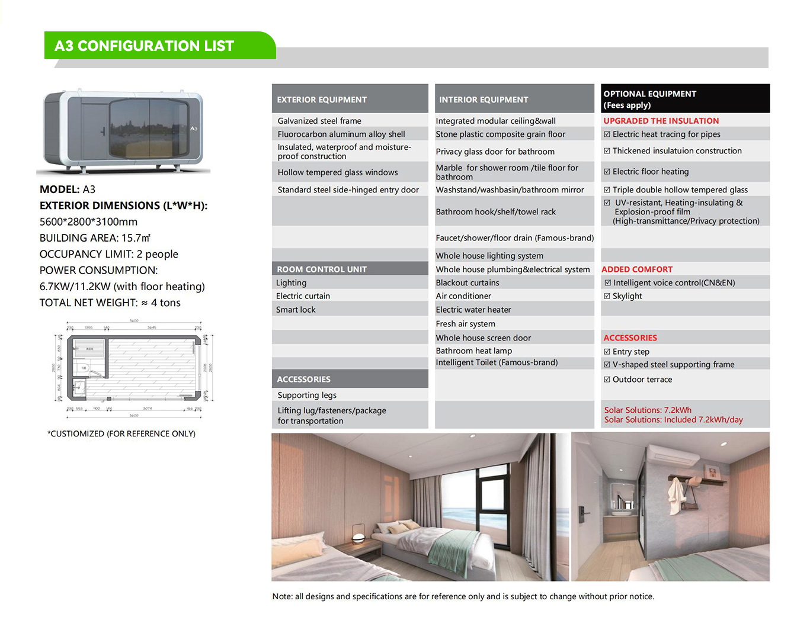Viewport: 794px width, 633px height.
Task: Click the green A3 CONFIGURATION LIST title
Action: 145,46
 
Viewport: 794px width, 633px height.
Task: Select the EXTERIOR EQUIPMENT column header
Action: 322,99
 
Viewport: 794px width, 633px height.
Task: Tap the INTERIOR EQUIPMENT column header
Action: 484,99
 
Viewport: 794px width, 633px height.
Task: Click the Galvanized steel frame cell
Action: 319,121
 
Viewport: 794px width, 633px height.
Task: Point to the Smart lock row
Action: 296,310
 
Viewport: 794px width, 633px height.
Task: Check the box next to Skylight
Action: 607,296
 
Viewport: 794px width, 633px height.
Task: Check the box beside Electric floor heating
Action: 607,172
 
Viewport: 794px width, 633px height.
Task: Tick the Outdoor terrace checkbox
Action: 607,380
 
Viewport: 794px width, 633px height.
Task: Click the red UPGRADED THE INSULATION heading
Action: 661,121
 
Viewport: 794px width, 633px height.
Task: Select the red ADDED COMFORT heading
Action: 637,269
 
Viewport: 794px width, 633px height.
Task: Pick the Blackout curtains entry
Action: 468,283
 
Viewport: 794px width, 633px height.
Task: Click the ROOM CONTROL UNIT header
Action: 322,269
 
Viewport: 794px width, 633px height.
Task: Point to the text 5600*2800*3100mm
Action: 88,222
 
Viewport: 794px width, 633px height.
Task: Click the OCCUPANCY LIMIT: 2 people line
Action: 108,254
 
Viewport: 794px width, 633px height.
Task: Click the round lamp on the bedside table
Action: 358,538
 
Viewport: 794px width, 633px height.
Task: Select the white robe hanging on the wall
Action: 675,498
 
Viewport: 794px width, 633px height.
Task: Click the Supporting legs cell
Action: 307,396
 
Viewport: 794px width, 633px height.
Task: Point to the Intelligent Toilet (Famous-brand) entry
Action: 497,362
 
